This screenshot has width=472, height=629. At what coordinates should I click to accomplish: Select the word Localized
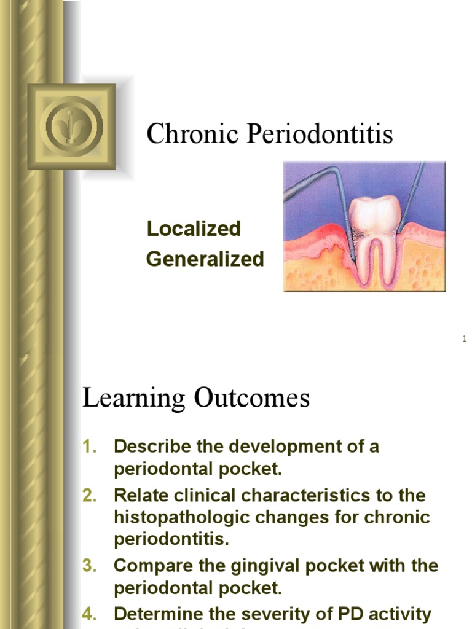[194, 229]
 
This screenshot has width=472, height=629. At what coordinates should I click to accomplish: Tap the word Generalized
[205, 259]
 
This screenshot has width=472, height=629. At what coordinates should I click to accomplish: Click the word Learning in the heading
[133, 399]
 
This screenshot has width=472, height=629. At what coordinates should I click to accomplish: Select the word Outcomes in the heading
[252, 399]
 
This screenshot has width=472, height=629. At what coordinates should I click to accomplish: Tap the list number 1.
[90, 447]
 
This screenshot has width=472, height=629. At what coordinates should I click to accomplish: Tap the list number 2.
[90, 495]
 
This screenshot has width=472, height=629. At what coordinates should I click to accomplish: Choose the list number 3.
[90, 566]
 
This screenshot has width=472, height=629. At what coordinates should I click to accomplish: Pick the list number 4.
[90, 614]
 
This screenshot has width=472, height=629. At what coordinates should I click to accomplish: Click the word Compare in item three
[150, 566]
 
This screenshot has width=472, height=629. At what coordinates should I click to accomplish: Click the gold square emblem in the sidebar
[71, 127]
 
